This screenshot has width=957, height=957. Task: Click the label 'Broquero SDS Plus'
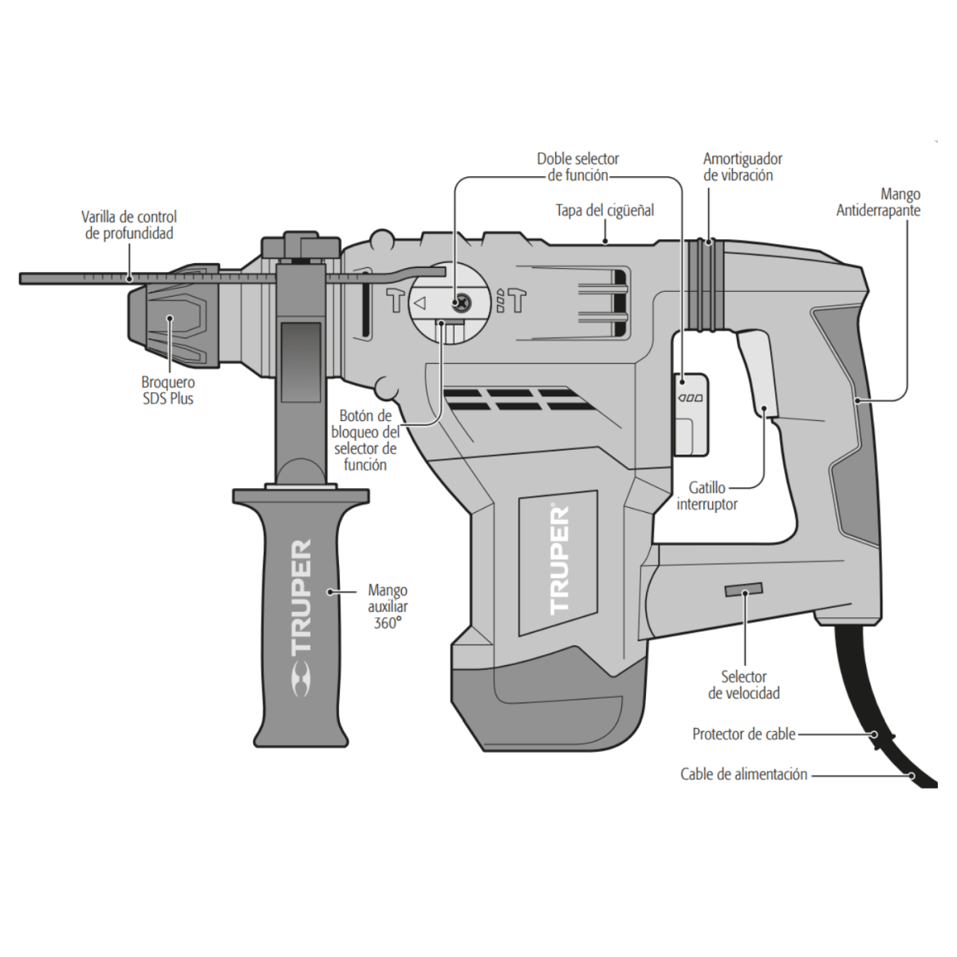tap(167, 390)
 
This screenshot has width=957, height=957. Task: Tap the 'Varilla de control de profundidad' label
tap(128, 225)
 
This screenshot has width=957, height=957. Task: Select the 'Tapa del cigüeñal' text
tap(605, 211)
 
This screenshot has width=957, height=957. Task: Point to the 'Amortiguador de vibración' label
tap(742, 167)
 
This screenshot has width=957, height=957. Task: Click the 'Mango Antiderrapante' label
tap(878, 203)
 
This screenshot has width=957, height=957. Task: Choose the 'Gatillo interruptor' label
tap(707, 495)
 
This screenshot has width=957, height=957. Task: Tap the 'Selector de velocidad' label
tap(743, 685)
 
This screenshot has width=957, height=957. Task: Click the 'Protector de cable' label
tap(743, 734)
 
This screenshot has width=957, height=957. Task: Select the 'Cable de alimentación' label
tap(743, 774)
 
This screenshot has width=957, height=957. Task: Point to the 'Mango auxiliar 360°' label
tap(388, 607)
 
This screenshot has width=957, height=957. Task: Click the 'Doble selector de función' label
tap(577, 167)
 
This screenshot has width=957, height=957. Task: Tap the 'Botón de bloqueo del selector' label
tap(364, 439)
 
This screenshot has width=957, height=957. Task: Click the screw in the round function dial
tap(460, 303)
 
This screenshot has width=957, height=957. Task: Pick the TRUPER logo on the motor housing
tap(559, 559)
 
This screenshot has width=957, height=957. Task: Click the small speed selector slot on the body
tap(742, 590)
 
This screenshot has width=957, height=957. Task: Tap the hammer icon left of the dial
tap(396, 301)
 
